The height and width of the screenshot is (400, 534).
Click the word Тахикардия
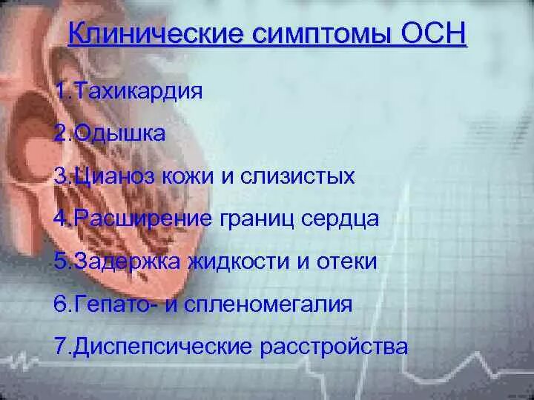(136, 93)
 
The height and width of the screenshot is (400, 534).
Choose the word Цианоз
(108, 177)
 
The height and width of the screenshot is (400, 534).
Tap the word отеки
(349, 261)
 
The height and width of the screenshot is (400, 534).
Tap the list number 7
(61, 346)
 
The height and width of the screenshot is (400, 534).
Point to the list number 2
(61, 135)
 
